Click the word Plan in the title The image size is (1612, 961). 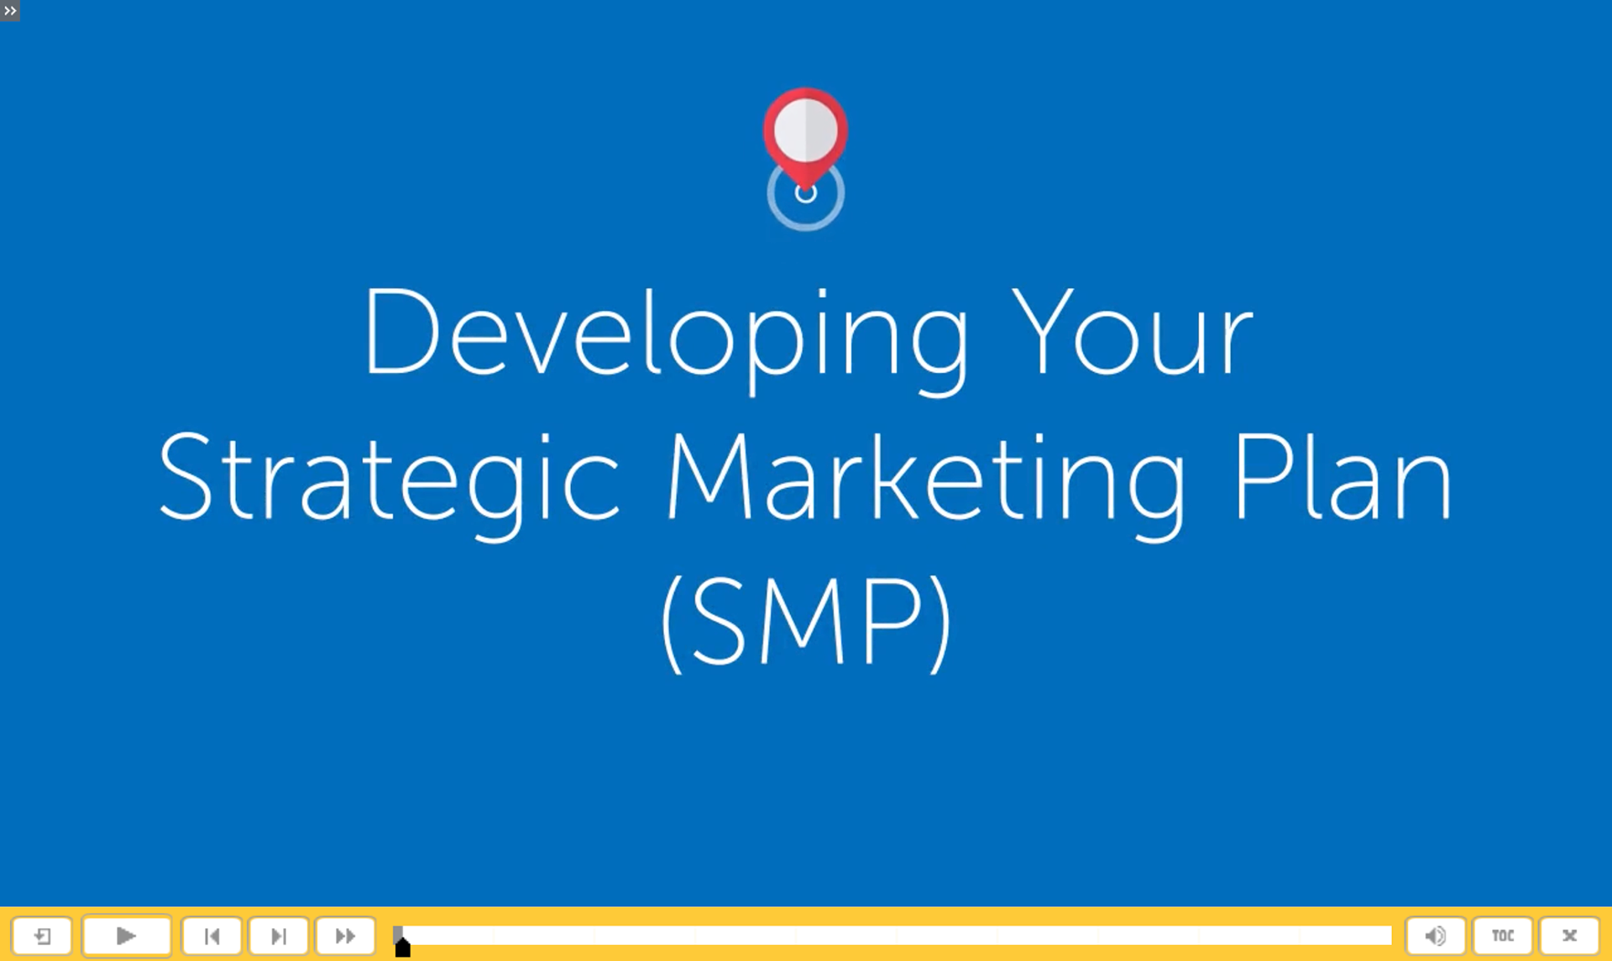click(1342, 476)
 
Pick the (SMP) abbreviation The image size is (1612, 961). click(806, 623)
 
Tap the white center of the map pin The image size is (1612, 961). click(805, 130)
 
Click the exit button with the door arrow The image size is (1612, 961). click(42, 935)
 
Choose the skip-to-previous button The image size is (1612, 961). click(212, 935)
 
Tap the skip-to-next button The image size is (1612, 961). click(279, 935)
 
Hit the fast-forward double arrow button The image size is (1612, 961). click(345, 935)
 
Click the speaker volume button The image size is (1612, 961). click(1436, 935)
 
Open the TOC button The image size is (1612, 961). click(1503, 935)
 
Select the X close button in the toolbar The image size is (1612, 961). click(1569, 935)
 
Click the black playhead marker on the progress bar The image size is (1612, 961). click(403, 948)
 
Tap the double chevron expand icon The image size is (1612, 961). click(10, 11)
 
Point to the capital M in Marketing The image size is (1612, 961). click(709, 476)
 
